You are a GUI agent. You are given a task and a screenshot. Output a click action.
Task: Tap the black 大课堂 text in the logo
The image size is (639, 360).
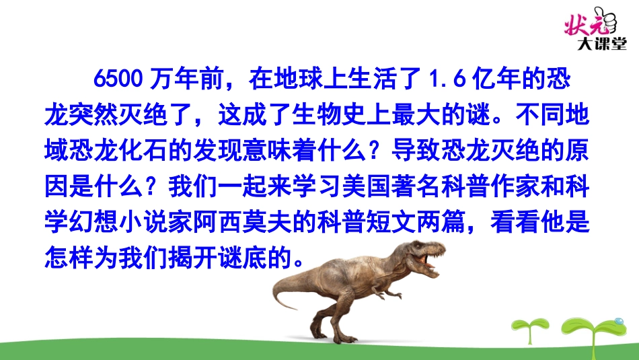pos(601,43)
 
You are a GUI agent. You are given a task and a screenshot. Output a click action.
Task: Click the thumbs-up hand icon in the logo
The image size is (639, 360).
pos(606,20)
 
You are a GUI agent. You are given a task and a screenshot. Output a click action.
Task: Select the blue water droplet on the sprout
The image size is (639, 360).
pos(619,321)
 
